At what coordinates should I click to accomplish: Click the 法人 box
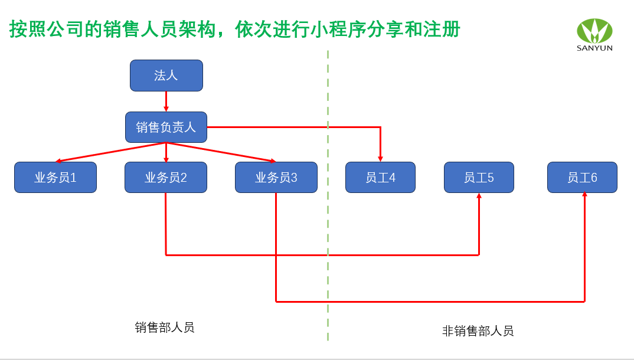coord(166,76)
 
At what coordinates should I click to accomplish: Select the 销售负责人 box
coord(166,127)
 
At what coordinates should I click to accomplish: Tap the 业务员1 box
coord(55,178)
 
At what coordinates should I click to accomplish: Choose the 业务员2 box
coord(166,178)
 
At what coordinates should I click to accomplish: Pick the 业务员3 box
coord(276,178)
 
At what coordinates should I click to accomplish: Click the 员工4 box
coord(380,178)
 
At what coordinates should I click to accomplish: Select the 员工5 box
coord(479,178)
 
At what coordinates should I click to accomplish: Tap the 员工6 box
coord(582,178)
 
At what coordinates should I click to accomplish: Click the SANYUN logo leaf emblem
coord(594,31)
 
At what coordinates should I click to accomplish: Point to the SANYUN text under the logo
coord(594,48)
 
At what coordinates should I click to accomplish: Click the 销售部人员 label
coord(165,328)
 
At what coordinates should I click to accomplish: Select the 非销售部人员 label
coord(478,331)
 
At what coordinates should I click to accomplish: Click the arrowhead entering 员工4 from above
coord(380,159)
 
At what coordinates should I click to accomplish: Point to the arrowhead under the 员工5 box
coord(479,196)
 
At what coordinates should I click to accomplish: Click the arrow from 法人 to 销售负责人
coord(166,102)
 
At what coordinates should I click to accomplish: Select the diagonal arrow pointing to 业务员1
coord(110,152)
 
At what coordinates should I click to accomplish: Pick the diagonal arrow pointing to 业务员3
coord(221,152)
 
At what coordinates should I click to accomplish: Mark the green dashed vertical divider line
coord(328,196)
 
